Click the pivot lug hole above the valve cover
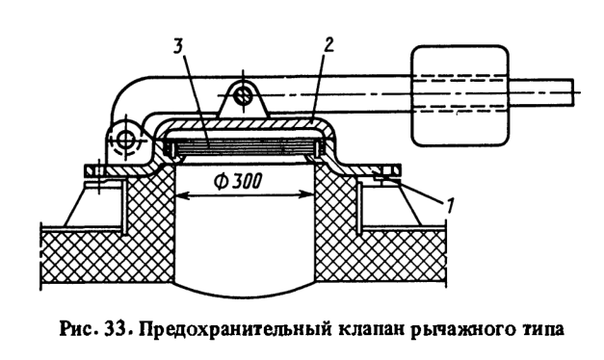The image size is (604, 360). point(245,95)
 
